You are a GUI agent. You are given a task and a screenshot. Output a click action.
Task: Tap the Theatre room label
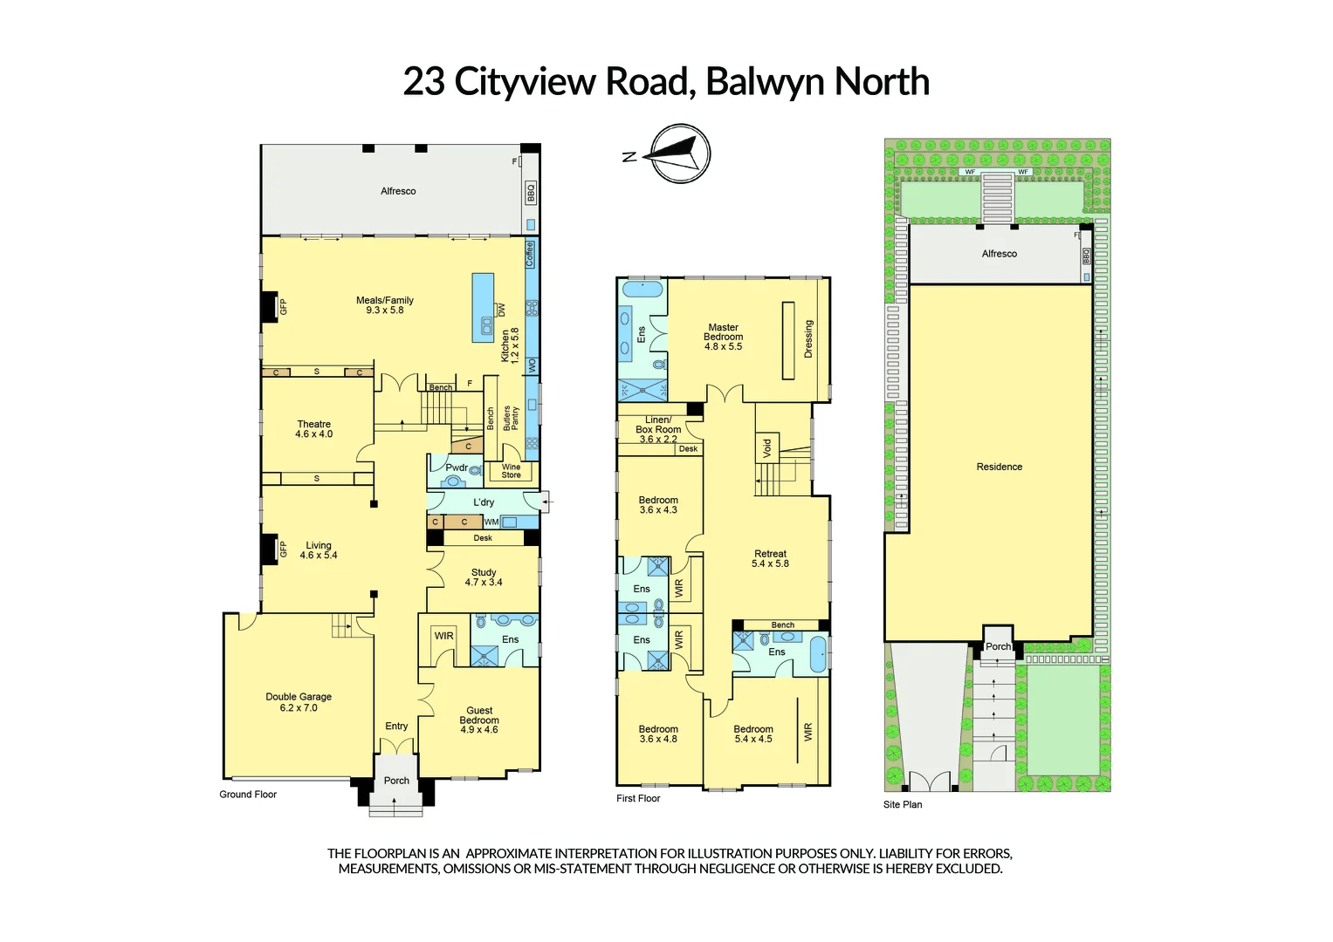tap(313, 429)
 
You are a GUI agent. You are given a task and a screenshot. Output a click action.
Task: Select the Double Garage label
tap(299, 702)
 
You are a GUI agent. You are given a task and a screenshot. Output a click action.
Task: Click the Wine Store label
tap(511, 471)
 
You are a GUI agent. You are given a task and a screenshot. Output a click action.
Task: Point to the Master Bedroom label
tap(723, 337)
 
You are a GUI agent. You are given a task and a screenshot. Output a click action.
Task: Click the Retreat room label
tap(770, 558)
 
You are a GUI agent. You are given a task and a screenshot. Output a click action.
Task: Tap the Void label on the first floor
tap(767, 448)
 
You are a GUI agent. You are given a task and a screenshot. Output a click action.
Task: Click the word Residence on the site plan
tap(999, 467)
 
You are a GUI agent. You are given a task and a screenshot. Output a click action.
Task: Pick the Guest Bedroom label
tap(479, 720)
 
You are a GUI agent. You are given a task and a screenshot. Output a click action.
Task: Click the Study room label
tap(484, 577)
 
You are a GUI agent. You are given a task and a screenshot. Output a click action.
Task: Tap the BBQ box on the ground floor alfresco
tap(530, 193)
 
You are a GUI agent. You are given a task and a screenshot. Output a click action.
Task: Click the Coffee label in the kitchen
tap(530, 254)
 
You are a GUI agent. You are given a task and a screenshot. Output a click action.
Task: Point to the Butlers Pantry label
tap(511, 418)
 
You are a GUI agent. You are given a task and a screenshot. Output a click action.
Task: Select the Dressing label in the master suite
tap(808, 338)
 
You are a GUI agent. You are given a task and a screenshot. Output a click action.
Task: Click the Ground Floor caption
tap(248, 795)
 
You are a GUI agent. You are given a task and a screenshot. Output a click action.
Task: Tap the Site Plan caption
tap(902, 804)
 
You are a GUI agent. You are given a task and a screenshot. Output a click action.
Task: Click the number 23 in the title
tap(423, 82)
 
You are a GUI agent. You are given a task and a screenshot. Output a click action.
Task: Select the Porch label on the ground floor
tap(396, 781)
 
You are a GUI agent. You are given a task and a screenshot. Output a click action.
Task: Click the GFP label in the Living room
tap(283, 549)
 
